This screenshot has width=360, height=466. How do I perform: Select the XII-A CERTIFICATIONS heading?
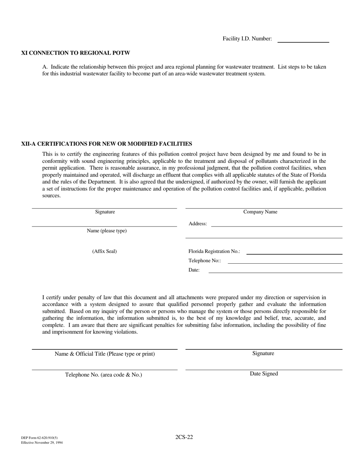click(106, 144)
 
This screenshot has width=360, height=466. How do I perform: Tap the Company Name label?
click(260, 212)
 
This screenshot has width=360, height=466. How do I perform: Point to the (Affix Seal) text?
click(105, 252)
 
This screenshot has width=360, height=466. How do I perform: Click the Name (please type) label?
click(107, 231)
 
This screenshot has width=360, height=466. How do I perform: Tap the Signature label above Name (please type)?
click(105, 212)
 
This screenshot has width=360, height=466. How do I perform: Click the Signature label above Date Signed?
click(263, 353)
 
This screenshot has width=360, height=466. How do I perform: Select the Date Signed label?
click(264, 374)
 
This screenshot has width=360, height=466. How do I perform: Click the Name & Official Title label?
click(105, 354)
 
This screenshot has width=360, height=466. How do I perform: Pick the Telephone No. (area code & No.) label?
click(103, 375)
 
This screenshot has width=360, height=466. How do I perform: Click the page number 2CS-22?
click(184, 437)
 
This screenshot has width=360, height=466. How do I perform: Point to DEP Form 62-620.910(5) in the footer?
click(39, 438)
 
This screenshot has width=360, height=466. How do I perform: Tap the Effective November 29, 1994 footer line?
click(42, 443)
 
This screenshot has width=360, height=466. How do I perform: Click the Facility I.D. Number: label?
click(247, 39)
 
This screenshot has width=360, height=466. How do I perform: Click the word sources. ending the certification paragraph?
click(51, 196)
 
